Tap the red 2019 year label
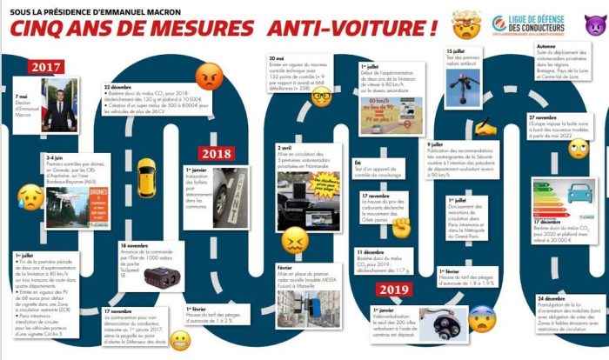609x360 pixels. [x=391, y=290]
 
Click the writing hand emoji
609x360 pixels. [x=485, y=127]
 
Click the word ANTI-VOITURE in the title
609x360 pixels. [x=357, y=26]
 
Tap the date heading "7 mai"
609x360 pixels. [x=23, y=97]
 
